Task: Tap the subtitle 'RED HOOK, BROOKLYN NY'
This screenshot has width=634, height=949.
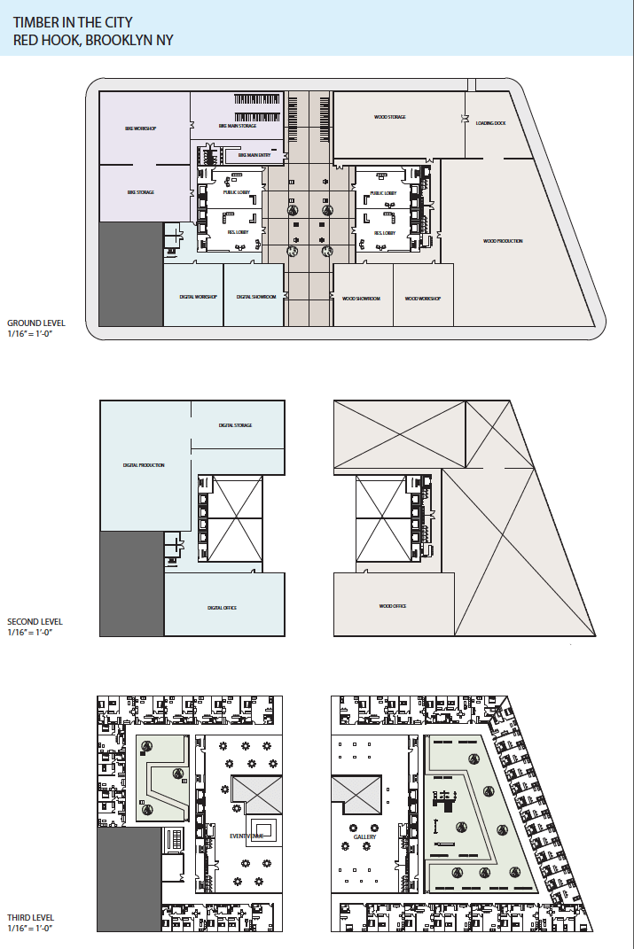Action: click(x=93, y=40)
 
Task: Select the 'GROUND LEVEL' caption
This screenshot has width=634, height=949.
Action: click(x=35, y=323)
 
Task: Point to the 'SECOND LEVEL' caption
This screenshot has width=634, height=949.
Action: click(x=35, y=622)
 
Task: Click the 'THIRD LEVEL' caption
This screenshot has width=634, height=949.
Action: click(x=30, y=917)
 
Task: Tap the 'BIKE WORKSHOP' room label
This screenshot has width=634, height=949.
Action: click(x=141, y=129)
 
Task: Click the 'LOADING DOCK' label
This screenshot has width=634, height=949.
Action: click(x=490, y=123)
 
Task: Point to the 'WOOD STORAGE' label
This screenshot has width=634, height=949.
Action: click(x=389, y=117)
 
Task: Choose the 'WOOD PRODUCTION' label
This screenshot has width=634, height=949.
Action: click(x=503, y=241)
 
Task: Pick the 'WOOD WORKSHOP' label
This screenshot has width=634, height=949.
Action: click(x=423, y=299)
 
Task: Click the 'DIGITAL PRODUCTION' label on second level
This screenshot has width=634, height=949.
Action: click(x=144, y=465)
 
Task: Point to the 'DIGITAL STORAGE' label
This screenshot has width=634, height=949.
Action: click(x=236, y=425)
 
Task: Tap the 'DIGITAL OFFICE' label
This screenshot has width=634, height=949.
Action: click(x=222, y=608)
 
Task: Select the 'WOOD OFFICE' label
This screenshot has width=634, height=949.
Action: click(x=392, y=607)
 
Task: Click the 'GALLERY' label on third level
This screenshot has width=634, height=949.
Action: click(x=364, y=836)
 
